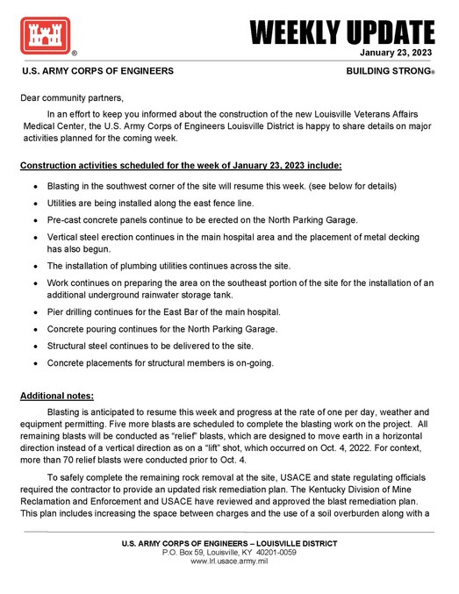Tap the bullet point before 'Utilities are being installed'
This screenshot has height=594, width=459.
(x=34, y=203)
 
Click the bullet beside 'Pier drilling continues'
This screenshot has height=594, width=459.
(x=34, y=313)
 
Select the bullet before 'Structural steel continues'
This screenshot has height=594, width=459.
(x=34, y=347)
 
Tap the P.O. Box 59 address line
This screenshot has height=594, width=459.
(x=229, y=552)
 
